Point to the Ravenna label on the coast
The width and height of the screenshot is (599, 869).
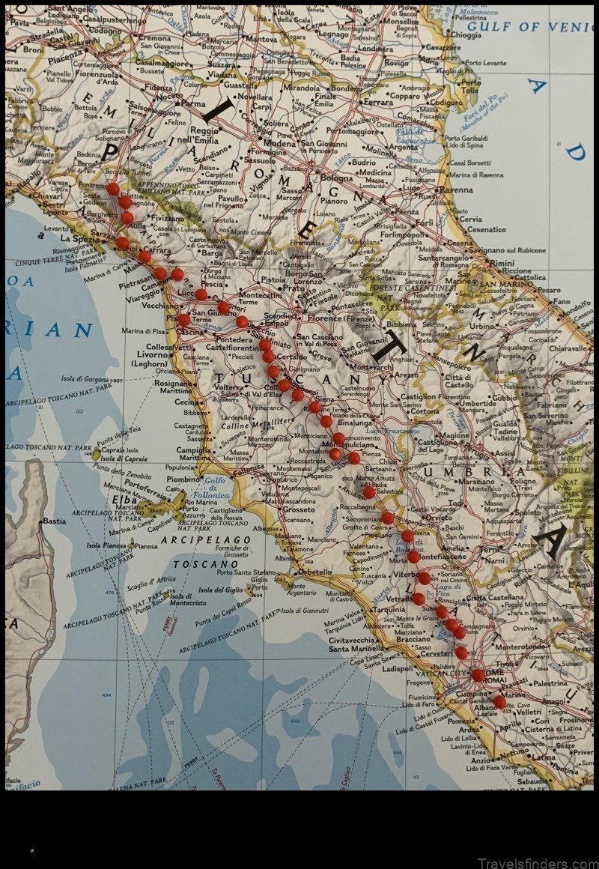pyautogui.click(x=456, y=190)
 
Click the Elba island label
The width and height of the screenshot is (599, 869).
pyautogui.click(x=124, y=500)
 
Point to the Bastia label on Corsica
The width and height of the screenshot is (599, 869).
pyautogui.click(x=53, y=521)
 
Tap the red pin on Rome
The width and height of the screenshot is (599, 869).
pyautogui.click(x=478, y=675)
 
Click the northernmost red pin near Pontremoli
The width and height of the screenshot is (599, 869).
pyautogui.click(x=113, y=188)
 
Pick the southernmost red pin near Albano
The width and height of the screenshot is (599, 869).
pyautogui.click(x=499, y=702)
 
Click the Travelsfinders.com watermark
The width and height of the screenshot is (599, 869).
pyautogui.click(x=533, y=862)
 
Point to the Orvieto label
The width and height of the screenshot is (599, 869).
pyautogui.click(x=439, y=517)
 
